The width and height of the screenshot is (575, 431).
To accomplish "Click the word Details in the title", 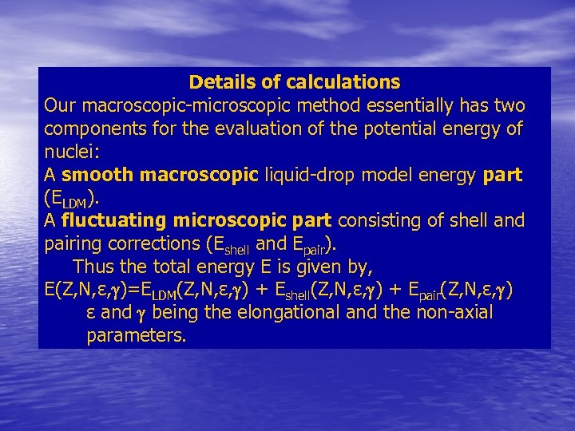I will click(216, 82).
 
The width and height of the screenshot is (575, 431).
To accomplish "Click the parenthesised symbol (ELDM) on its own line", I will click(71, 198).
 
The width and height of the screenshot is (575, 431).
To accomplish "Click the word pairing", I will click(72, 243).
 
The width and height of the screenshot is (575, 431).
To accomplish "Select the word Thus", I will click(93, 267).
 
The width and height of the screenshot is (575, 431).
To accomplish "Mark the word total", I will click(173, 267).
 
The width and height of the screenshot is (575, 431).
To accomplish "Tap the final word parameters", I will click(137, 336).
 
